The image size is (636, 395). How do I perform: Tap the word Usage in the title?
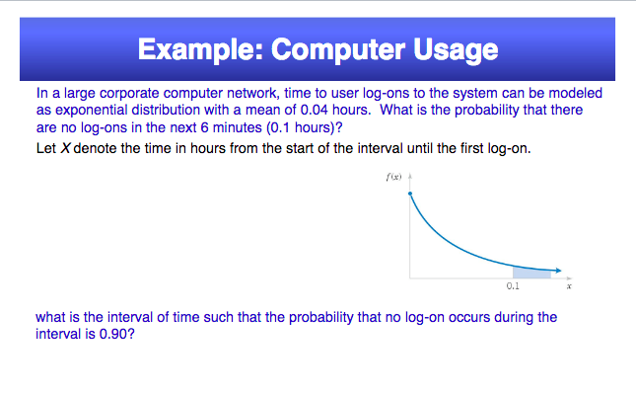(455, 48)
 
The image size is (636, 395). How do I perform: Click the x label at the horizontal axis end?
(569, 287)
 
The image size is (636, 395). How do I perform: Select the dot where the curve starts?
(410, 195)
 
